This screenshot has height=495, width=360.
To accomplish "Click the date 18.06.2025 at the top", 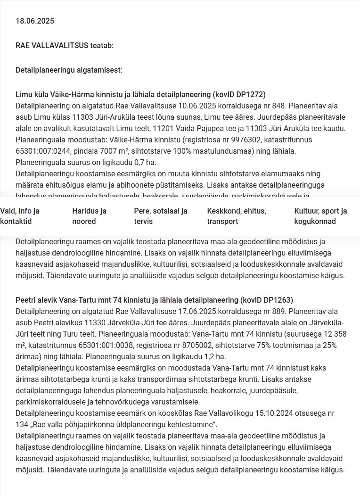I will (x=35, y=21).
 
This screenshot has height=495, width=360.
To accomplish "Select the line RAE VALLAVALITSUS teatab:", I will (x=65, y=45).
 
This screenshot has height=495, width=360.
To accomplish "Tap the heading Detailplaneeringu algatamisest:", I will (x=69, y=70).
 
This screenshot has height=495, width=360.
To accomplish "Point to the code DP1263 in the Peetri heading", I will (x=277, y=300).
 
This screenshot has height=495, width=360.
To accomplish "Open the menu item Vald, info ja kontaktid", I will (x=20, y=216).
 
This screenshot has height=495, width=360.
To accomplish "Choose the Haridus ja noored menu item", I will (x=89, y=216).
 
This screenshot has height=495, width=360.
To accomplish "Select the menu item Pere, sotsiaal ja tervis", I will (x=161, y=216).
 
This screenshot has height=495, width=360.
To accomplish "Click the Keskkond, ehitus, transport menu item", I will (x=237, y=216).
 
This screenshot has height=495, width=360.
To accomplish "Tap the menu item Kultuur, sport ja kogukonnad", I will (x=320, y=216).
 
